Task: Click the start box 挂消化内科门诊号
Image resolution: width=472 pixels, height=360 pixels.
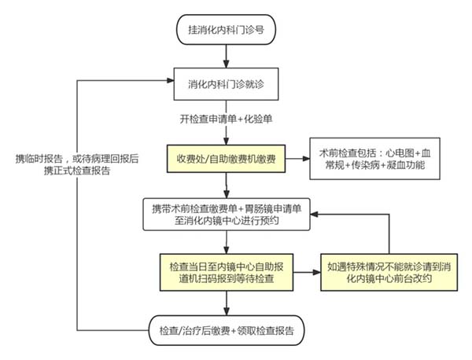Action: (226, 29)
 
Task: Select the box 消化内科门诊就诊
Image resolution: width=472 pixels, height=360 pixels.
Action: (226, 82)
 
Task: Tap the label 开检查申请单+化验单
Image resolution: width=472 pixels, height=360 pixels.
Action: (226, 119)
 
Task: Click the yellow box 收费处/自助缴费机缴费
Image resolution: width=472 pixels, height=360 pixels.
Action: (226, 158)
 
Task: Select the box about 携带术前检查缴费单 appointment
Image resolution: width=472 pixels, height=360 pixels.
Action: (226, 215)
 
